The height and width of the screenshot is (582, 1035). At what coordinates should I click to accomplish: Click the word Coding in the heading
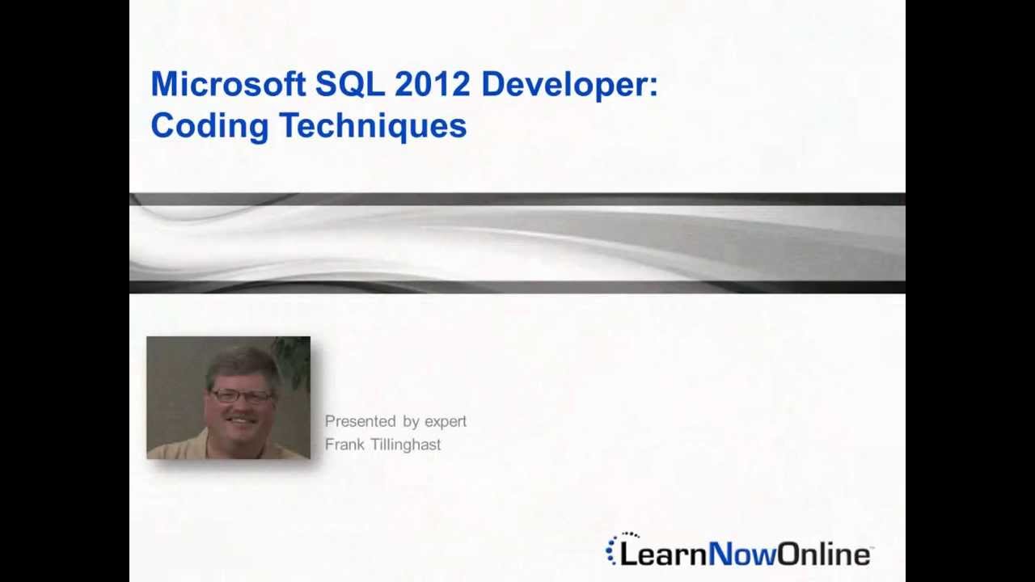click(x=209, y=126)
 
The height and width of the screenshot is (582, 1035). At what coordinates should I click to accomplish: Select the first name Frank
click(x=344, y=445)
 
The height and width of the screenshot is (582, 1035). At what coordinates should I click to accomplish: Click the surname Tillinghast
click(x=405, y=445)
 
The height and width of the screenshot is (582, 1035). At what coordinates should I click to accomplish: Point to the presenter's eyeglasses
click(x=241, y=396)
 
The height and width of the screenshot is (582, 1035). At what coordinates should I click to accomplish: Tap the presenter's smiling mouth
click(x=240, y=420)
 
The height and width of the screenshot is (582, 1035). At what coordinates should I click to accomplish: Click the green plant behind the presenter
click(x=293, y=360)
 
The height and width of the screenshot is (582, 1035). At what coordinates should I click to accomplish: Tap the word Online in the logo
click(x=822, y=555)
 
